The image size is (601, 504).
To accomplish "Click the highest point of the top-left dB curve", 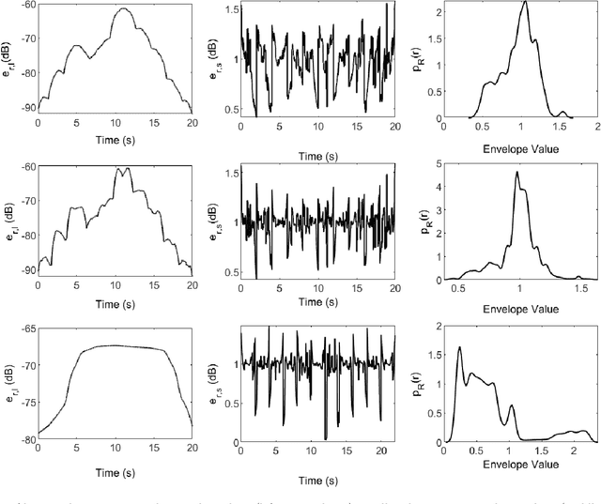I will [x=122, y=8].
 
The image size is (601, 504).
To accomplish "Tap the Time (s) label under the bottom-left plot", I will [x=114, y=472].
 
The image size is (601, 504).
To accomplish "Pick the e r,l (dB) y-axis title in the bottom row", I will [x=8, y=384].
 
